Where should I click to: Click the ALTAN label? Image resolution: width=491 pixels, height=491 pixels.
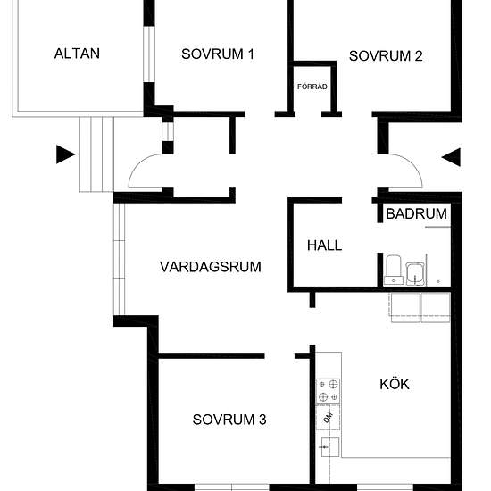point(77,54)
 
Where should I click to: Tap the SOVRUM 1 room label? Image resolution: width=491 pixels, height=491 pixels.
point(218,54)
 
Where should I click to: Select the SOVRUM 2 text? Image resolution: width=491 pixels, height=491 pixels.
point(386,56)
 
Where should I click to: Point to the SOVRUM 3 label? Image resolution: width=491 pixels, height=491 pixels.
point(229,420)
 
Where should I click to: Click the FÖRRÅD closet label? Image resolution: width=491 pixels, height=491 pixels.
point(312,87)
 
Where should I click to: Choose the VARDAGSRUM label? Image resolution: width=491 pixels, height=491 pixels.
point(211,267)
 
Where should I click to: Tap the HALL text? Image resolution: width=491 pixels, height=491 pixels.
point(324,245)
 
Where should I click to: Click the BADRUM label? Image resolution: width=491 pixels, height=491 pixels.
point(417,214)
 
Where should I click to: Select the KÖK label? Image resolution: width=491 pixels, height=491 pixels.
point(395,384)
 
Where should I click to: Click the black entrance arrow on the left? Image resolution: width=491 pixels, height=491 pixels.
point(65,154)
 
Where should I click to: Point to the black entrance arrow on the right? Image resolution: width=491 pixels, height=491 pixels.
point(451,157)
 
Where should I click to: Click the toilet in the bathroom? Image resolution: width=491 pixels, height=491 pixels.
point(394,270)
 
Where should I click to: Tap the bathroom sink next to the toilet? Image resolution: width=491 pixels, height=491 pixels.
point(415,274)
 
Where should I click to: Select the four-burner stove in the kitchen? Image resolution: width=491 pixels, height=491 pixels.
point(328,391)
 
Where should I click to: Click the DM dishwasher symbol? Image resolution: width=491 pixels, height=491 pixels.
point(328,417)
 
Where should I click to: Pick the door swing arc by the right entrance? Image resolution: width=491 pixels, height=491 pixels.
point(413,164)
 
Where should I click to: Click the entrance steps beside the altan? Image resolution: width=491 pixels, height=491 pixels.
point(96,154)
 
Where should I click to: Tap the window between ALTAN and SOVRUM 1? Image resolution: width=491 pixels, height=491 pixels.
point(149,54)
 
